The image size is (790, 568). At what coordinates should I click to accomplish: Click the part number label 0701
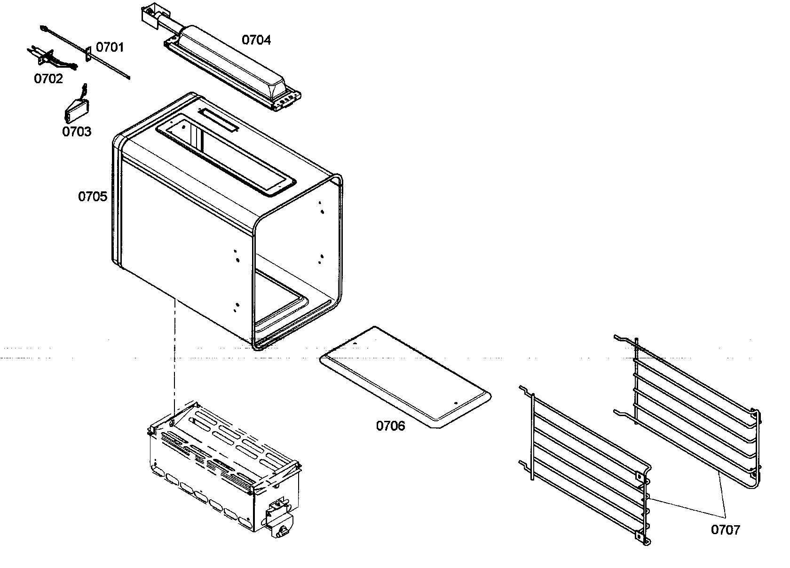(x=110, y=47)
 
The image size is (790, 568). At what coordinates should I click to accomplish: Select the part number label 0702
(x=48, y=79)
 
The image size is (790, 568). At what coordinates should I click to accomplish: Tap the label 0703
(x=77, y=131)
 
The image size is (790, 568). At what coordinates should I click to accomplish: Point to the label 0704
(x=256, y=40)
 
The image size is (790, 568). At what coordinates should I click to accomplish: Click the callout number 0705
(x=93, y=197)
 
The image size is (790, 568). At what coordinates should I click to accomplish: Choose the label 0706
(x=390, y=426)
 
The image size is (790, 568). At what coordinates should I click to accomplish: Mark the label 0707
(x=725, y=530)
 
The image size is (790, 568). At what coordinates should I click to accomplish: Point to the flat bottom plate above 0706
(x=404, y=376)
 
